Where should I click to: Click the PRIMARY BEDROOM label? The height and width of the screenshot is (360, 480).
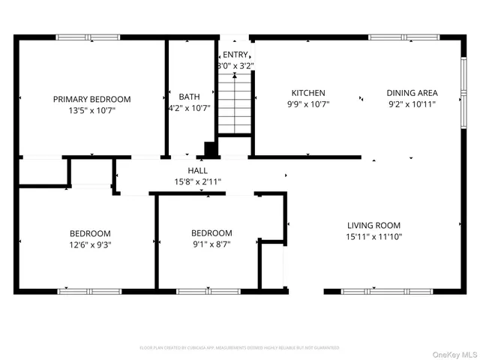point(91,99)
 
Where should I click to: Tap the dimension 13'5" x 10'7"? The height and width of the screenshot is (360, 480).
point(91,110)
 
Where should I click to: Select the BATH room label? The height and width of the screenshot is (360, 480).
point(189,97)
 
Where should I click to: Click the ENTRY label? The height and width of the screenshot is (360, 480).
point(235,55)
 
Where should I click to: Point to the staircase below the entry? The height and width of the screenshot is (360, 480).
point(234,105)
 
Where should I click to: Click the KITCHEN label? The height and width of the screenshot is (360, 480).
point(308,93)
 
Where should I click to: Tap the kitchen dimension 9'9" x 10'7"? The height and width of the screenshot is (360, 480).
point(308,104)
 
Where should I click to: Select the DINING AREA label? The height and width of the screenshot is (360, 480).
point(412,93)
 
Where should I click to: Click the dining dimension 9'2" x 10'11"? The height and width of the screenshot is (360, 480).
point(412,104)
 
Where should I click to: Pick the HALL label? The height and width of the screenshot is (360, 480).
point(198,171)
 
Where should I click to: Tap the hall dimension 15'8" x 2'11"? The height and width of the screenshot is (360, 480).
point(198,181)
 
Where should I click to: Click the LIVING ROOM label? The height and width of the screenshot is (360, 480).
point(373,225)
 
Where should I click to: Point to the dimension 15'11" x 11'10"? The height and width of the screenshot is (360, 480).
point(373,237)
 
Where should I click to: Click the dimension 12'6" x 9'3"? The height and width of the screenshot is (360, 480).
point(90,244)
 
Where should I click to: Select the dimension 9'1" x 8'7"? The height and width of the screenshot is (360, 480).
point(211,244)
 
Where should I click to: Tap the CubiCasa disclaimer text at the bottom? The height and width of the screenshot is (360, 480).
point(240,348)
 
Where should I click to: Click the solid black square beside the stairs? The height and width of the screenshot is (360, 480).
point(211,149)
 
